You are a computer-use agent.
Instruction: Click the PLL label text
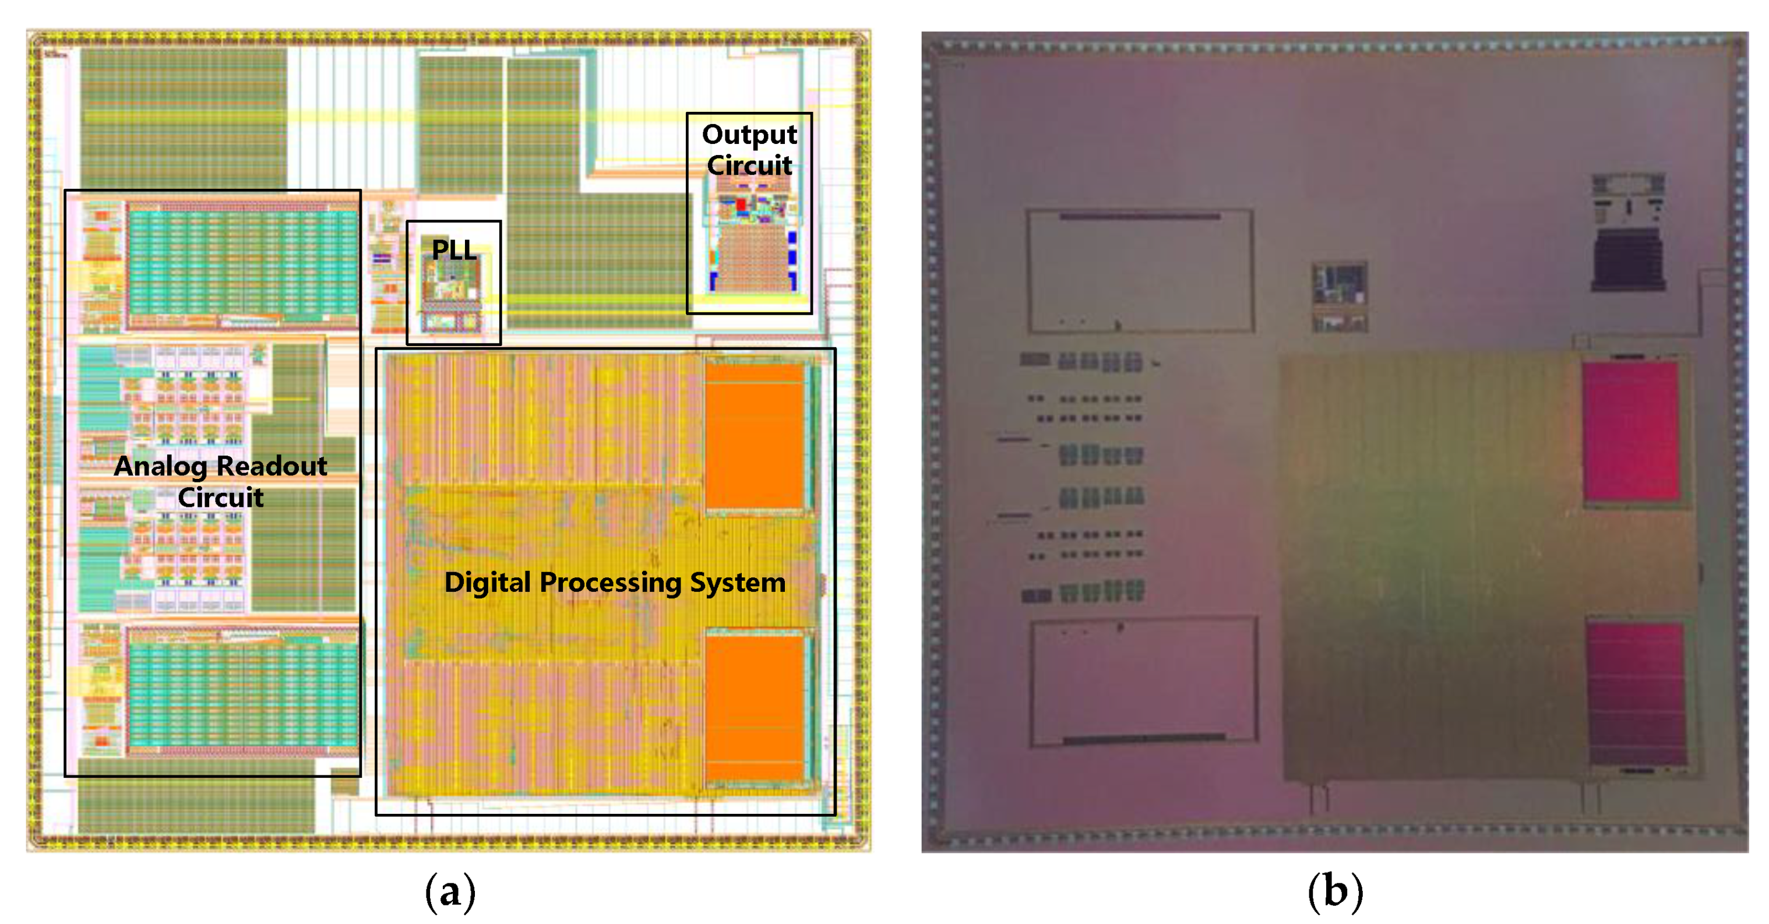[x=453, y=250]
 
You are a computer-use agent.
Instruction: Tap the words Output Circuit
[x=749, y=150]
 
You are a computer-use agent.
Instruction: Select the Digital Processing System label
[x=615, y=583]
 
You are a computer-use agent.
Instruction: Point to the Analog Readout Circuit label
[x=220, y=481]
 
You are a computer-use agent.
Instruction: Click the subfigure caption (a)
[x=450, y=892]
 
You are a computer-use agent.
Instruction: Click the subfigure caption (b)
[x=1334, y=892]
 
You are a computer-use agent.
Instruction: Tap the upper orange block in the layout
[x=754, y=436]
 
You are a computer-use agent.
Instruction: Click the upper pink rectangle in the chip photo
[x=1630, y=431]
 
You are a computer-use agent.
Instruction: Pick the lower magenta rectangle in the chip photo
[x=1636, y=693]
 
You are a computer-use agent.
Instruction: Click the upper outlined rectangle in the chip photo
[x=1140, y=270]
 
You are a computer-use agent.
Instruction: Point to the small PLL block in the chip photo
[x=1339, y=296]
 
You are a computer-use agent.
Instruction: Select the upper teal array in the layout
[x=242, y=264]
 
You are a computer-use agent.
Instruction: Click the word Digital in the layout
[x=488, y=583]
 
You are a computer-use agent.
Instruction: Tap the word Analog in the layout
[x=160, y=466]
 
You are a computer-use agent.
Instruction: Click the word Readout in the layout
[x=272, y=466]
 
